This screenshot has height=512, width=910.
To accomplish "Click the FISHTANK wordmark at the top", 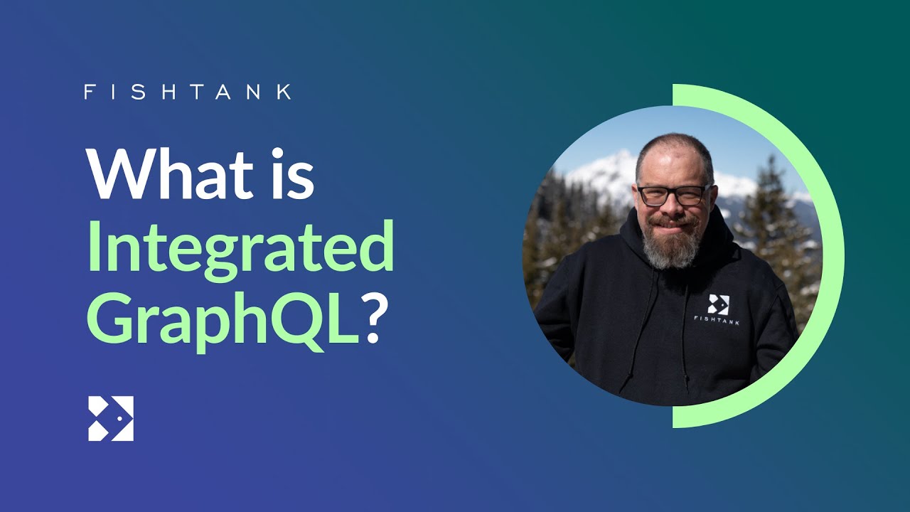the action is click(188, 92).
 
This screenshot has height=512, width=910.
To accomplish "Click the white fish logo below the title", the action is click(111, 419).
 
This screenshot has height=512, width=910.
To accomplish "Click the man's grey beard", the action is click(673, 243).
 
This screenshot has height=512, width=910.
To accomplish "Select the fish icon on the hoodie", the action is click(718, 304).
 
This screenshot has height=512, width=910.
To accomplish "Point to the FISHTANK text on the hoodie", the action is click(717, 320).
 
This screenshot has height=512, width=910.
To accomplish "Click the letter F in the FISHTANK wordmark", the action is click(89, 92).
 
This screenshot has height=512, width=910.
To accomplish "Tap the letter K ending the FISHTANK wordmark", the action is click(285, 92).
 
